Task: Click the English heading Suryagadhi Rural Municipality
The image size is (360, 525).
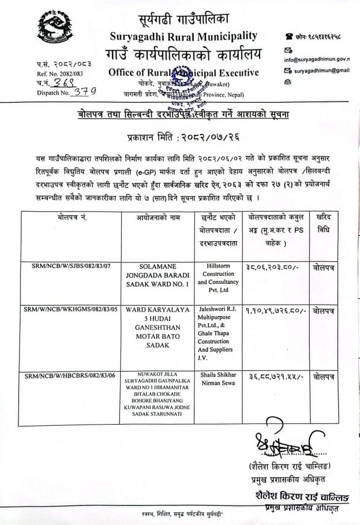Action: click(183, 36)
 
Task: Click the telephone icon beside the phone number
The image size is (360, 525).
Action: click(287, 36)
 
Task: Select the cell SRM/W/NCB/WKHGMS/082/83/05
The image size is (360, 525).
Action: click(71, 309)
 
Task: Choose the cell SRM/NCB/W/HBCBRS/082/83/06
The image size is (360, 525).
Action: click(71, 376)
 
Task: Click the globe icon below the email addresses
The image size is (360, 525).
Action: click(287, 82)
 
